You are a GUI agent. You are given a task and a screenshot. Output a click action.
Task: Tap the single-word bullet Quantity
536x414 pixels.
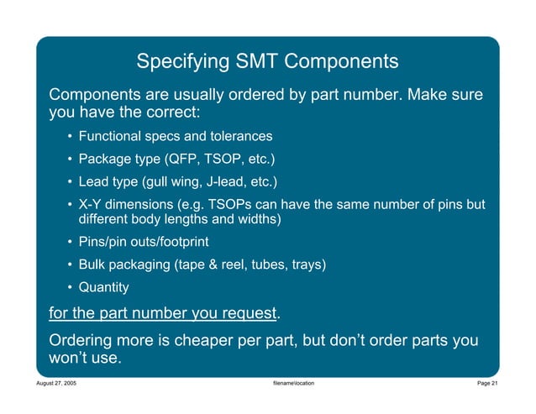[103, 287]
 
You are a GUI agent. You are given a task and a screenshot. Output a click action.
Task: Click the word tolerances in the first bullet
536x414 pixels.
[239, 136]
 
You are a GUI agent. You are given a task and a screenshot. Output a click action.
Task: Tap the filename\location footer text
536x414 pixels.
[288, 383]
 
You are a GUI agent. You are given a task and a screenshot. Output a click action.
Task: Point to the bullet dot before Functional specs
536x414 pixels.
[68, 136]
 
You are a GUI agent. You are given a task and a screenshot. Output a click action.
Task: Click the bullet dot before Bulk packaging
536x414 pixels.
[68, 265]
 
